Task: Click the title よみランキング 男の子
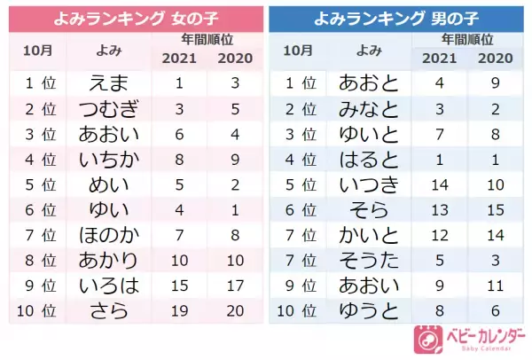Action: click(397, 17)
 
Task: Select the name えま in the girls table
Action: click(109, 83)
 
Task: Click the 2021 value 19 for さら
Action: click(179, 311)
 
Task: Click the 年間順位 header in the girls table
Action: click(207, 40)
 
